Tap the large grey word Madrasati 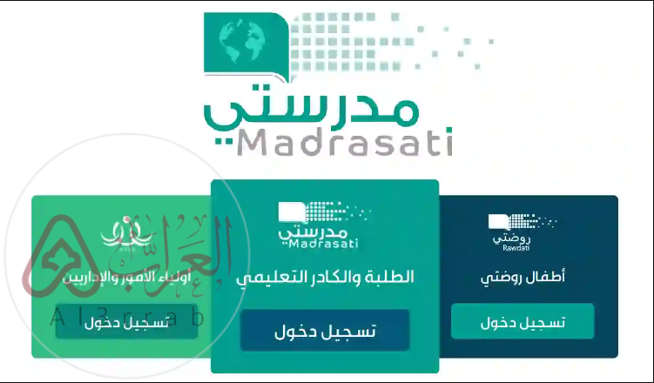[x=344, y=141]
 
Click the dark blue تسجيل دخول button [x=325, y=331]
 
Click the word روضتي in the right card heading [x=502, y=279]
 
